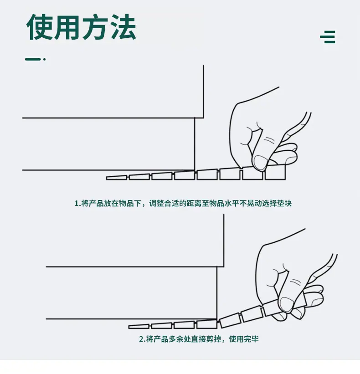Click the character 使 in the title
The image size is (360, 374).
point(40,27)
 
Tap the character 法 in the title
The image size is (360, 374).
point(123,27)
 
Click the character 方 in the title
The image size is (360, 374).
point(95,27)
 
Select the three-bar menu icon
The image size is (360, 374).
point(328,37)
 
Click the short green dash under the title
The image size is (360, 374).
point(33,59)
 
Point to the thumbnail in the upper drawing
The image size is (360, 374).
point(260,162)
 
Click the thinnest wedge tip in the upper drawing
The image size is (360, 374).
point(107,178)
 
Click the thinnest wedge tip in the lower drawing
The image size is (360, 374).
point(129,327)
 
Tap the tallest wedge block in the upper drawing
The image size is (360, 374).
point(275,172)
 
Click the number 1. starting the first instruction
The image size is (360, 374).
point(77,204)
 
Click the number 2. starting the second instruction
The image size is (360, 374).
point(143,339)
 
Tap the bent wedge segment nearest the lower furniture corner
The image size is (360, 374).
point(230,321)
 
